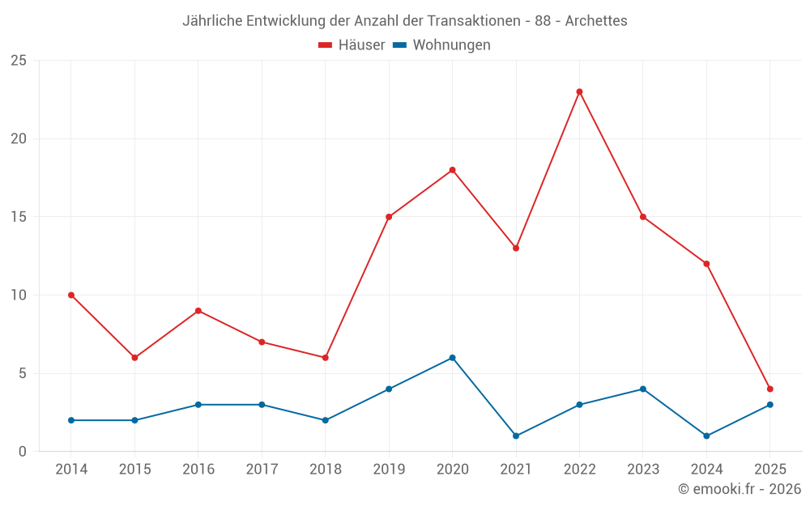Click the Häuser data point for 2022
coord(579,91)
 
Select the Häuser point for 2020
coord(452,170)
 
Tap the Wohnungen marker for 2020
coord(452,358)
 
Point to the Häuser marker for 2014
coord(71,296)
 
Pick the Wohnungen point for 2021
coord(516,436)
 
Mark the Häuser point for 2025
coord(769,389)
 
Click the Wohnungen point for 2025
coord(769,405)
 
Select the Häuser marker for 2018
coord(325,358)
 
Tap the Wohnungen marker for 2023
coord(643,389)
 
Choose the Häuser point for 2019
coord(389,217)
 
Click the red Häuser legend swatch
coord(326,45)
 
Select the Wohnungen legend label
coord(451,45)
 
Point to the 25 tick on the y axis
coord(19,61)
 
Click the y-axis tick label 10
coord(19,296)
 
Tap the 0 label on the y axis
coord(23,452)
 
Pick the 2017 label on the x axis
coord(262,470)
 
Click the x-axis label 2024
coord(706,470)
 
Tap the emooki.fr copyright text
coord(740,489)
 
